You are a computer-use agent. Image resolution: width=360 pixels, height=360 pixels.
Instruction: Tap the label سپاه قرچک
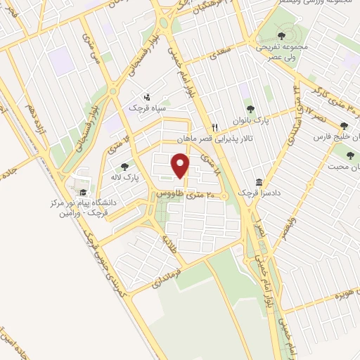coord(144,108)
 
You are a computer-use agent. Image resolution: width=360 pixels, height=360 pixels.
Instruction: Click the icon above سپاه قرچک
coord(146,96)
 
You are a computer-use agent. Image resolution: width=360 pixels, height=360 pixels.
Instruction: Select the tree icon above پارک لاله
coord(124,167)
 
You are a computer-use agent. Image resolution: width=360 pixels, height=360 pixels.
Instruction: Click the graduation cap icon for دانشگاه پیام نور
coord(82,192)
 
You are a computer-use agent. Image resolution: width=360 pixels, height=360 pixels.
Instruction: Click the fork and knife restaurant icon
coord(217,127)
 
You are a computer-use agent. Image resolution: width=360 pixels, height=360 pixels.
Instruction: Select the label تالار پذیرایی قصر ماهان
coord(211,139)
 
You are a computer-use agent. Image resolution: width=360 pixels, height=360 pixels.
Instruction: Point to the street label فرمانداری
coord(172,274)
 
